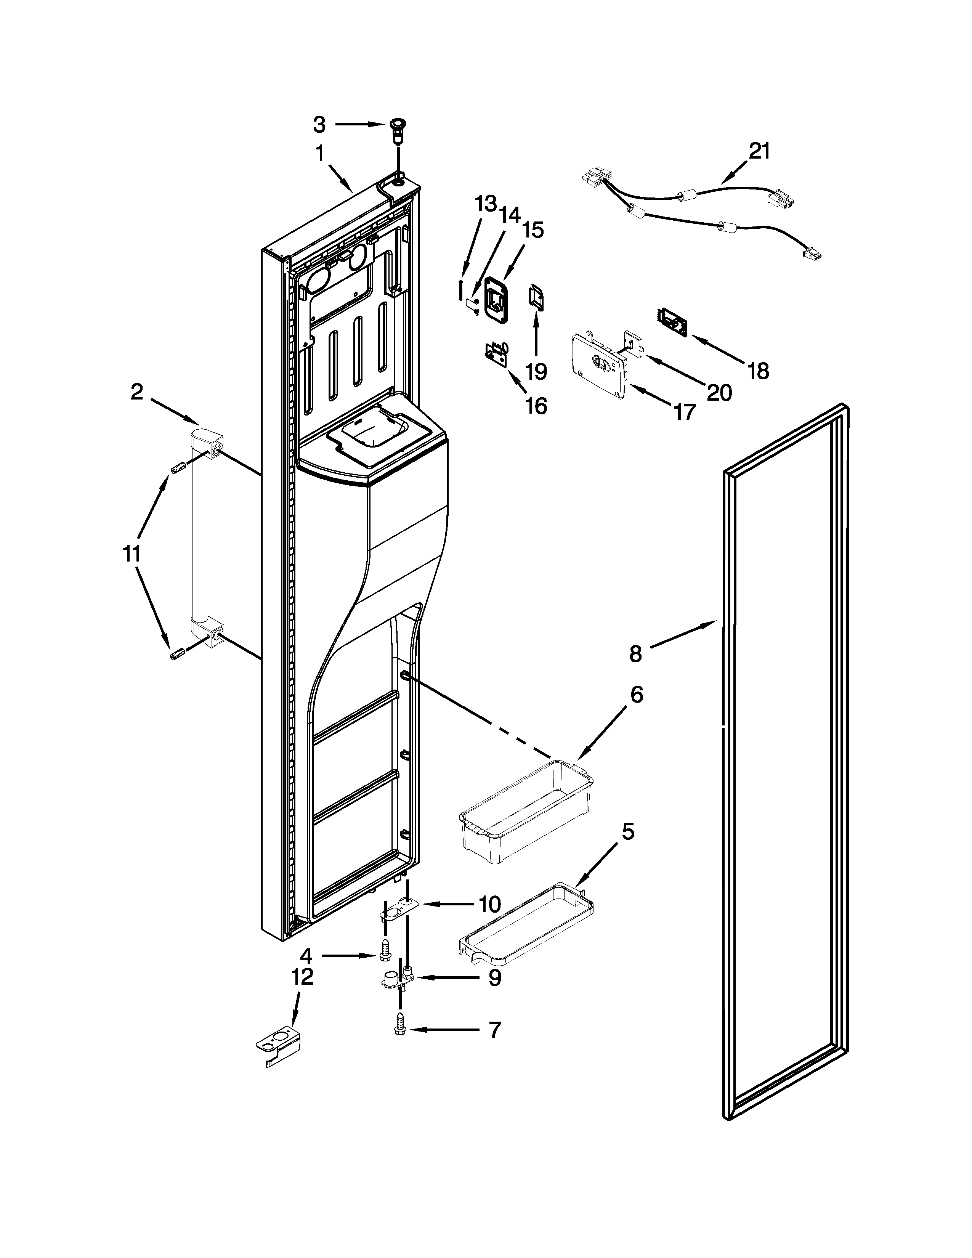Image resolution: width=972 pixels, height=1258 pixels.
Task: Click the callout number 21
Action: click(759, 151)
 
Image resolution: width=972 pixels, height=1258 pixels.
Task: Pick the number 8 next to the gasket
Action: click(635, 654)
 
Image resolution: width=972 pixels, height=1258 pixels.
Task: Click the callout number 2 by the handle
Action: click(136, 392)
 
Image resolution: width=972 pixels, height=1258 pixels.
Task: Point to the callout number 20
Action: click(720, 393)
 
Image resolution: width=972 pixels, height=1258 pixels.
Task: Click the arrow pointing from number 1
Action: click(341, 177)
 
